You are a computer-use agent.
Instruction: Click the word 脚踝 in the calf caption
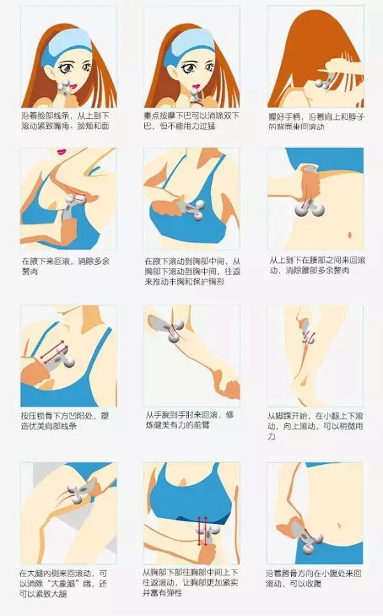[x=285, y=416]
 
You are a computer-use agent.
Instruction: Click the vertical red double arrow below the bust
[x=199, y=529]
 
